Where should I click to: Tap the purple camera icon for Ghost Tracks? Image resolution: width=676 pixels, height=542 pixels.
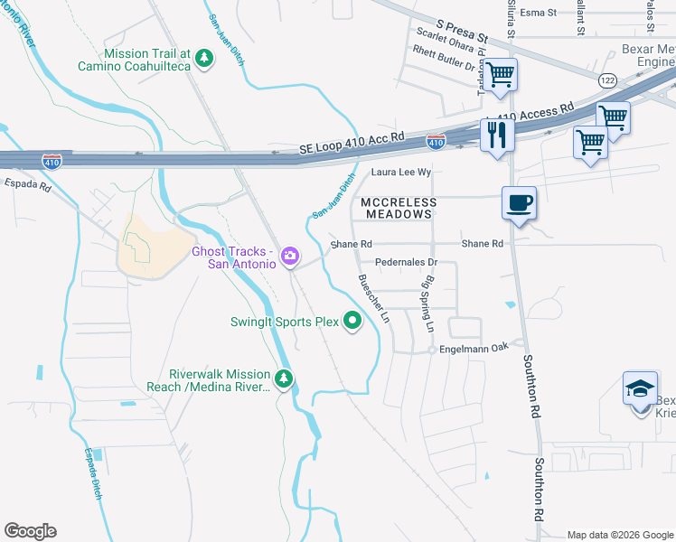click(290, 257)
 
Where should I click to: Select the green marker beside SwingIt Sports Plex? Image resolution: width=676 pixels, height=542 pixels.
click(352, 322)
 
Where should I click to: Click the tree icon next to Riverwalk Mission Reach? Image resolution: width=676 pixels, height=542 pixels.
click(285, 379)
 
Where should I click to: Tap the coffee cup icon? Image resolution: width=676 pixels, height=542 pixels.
click(520, 203)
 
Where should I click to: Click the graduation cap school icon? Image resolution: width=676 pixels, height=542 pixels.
click(640, 388)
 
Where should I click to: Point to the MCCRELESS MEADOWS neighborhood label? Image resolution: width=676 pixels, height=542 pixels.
click(399, 209)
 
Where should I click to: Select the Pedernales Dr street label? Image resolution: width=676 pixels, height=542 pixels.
click(406, 263)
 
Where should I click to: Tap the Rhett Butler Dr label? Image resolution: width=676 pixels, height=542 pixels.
click(443, 65)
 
